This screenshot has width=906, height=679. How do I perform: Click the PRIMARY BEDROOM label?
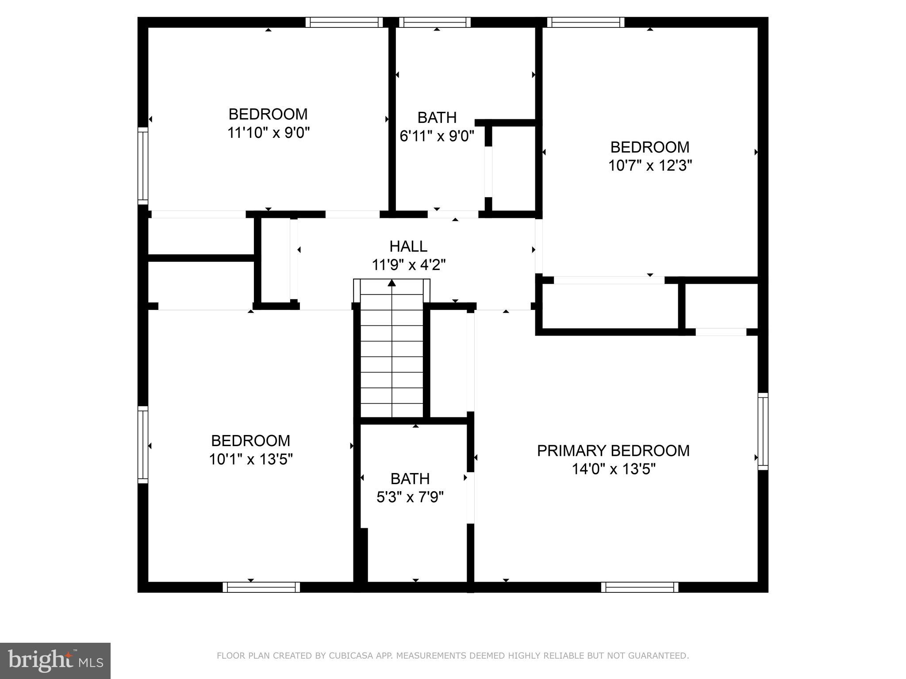point(613,450)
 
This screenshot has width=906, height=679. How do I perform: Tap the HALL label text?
point(408,246)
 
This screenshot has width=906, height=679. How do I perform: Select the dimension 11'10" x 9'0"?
point(268,133)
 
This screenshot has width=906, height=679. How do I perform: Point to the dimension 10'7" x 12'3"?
point(650,166)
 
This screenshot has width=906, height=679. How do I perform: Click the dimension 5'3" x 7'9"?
point(410,497)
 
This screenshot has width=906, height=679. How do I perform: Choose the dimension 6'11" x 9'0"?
point(437,136)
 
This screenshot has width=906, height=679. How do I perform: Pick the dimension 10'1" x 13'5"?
point(251,460)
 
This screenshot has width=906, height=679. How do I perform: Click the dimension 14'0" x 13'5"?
point(613,469)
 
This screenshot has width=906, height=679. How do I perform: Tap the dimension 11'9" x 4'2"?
point(408,265)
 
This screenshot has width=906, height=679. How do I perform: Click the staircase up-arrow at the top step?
point(392,283)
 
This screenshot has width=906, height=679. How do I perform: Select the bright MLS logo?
point(55,660)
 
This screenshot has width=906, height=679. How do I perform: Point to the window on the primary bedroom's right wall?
point(763,431)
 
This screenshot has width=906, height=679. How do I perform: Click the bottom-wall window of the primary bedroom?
point(640,587)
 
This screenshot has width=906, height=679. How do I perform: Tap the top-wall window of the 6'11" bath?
point(435,23)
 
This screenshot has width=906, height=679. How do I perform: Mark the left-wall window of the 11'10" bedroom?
point(142,166)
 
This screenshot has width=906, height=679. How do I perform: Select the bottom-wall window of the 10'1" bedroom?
point(261,587)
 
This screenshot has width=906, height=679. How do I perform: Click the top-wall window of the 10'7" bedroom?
point(586,23)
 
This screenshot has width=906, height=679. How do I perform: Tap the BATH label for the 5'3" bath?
point(410,479)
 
